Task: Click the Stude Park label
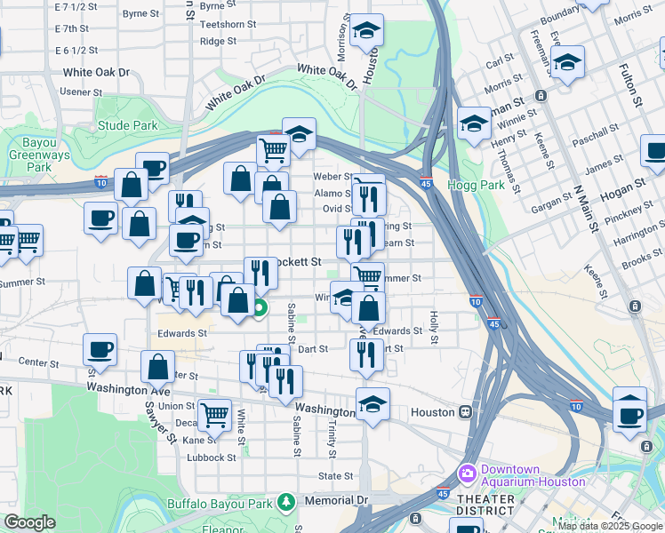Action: coord(127,126)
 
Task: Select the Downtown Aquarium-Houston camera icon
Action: coord(467,473)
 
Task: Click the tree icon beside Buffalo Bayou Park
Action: coord(285,502)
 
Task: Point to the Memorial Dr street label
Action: coord(337,501)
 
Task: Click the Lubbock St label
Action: coord(212,458)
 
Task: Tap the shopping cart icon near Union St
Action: coord(214,414)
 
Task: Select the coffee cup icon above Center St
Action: coord(100,348)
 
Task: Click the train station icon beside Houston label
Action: coord(465,412)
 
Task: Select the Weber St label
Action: coord(334,177)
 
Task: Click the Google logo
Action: coord(30,522)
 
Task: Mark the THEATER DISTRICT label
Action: coord(485,505)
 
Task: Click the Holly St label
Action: coord(434,327)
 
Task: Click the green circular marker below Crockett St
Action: coord(260,309)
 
